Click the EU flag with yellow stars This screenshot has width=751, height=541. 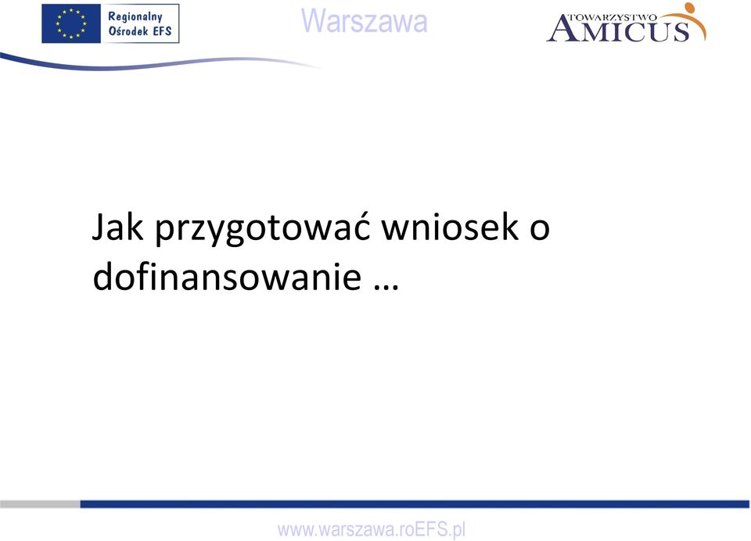71,23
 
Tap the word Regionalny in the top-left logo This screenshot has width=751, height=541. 135,16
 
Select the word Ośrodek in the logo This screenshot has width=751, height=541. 128,31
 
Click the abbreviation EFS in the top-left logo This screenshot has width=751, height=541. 163,31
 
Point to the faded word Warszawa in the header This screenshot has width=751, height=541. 365,21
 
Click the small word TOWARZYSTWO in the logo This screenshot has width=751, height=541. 612,18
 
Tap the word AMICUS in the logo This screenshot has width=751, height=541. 618,30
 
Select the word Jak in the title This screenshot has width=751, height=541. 117,227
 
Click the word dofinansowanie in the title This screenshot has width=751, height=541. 227,275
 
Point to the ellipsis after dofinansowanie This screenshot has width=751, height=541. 386,287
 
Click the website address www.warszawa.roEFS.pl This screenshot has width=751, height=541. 371,530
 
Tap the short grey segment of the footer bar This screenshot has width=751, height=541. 40,503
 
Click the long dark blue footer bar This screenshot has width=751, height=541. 415,503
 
